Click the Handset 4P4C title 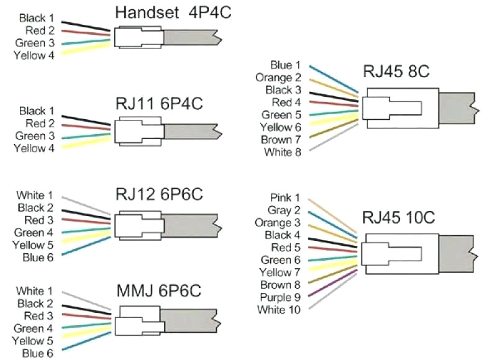173,12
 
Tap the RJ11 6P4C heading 159,104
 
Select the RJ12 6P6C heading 159,194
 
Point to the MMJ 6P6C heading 159,290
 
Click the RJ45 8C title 396,71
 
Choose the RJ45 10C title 398,217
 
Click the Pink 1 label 285,197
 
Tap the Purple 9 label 280,297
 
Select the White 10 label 279,309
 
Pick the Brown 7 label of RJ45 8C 281,140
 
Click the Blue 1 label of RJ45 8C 285,65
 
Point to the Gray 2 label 284,210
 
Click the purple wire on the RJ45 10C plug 333,283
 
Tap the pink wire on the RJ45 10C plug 332,216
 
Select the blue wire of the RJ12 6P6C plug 86,246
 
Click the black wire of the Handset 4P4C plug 86,26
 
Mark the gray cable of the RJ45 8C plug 458,108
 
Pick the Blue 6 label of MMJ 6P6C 38,353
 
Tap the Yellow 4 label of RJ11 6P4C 34,148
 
